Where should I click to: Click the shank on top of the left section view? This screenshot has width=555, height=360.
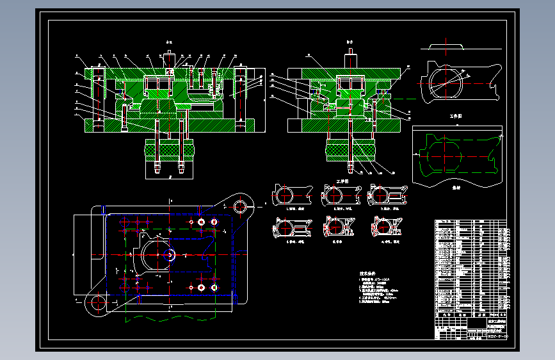[x=170, y=60]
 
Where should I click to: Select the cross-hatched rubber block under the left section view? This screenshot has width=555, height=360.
[x=170, y=150]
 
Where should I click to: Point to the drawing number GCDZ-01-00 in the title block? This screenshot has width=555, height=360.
[x=497, y=336]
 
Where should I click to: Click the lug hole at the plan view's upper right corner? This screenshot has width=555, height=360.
[x=241, y=206]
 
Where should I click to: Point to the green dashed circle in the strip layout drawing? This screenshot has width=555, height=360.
[x=442, y=156]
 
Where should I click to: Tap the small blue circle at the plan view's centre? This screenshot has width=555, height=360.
[x=170, y=254]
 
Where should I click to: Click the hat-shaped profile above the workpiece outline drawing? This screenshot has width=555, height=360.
[x=446, y=47]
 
